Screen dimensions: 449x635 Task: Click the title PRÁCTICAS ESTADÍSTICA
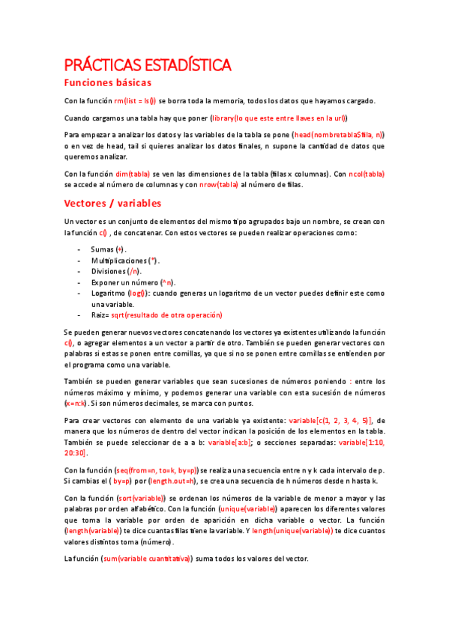click(148, 65)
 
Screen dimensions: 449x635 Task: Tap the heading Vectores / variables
click(112, 203)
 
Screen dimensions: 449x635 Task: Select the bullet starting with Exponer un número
click(132, 282)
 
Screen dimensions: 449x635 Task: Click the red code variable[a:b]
click(229, 442)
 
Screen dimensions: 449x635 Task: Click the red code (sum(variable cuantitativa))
click(146, 559)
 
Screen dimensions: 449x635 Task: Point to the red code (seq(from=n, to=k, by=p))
click(155, 470)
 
